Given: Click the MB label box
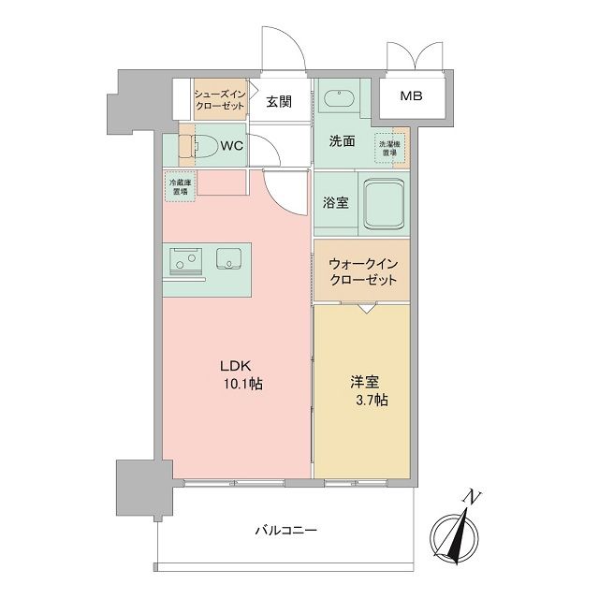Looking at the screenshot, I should click(411, 96).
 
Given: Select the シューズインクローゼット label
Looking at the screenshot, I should click(219, 99).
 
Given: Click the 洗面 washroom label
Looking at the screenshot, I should click(342, 142).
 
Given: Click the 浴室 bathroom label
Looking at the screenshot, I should click(337, 201).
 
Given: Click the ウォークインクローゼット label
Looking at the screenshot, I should click(361, 272).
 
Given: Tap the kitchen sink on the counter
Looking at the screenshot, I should click(230, 259).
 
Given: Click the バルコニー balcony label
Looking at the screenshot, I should click(285, 530).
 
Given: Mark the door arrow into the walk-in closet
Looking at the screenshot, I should click(361, 307).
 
